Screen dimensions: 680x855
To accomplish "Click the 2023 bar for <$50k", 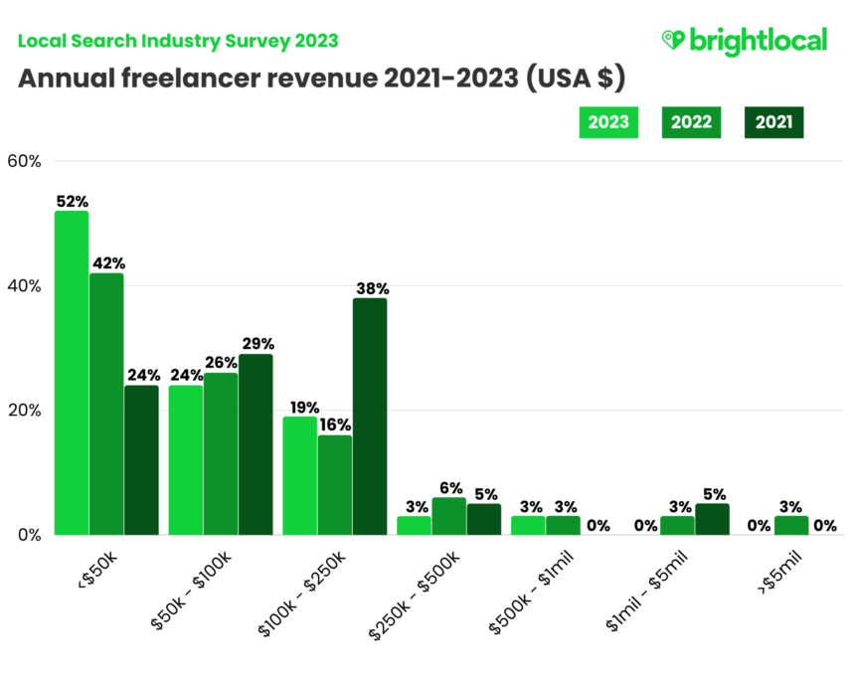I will (72, 373).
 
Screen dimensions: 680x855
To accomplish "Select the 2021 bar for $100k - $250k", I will (369, 416).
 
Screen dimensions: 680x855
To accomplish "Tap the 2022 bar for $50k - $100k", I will (220, 453).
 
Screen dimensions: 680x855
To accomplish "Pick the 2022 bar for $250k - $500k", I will (448, 516).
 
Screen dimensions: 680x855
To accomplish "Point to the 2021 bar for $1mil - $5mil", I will (712, 519).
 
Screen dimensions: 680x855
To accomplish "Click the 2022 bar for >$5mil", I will (791, 525).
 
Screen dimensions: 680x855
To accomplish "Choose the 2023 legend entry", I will (607, 122).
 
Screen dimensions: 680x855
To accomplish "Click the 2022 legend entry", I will (691, 122).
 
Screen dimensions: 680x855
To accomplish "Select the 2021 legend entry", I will (773, 122).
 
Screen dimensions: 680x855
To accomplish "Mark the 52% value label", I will (72, 202).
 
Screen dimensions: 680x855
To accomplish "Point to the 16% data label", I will (336, 425).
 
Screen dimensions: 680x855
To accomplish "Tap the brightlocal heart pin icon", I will (673, 40).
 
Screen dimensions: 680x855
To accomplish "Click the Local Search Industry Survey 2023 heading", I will (178, 41).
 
